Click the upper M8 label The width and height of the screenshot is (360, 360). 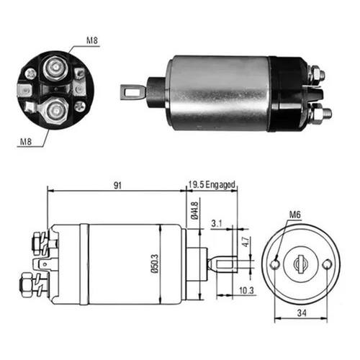point(92,40)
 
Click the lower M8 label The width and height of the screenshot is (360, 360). point(26,142)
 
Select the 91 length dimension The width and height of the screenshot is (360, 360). point(117,185)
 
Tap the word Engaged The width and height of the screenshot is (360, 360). point(220,185)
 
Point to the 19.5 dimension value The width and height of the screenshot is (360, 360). point(196,185)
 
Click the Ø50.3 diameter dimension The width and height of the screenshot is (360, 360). point(155,264)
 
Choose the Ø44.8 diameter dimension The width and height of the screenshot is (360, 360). point(194,211)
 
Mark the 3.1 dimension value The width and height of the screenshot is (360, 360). point(217,223)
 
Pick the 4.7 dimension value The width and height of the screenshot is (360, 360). point(246,242)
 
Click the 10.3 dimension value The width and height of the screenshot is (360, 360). point(246,290)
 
